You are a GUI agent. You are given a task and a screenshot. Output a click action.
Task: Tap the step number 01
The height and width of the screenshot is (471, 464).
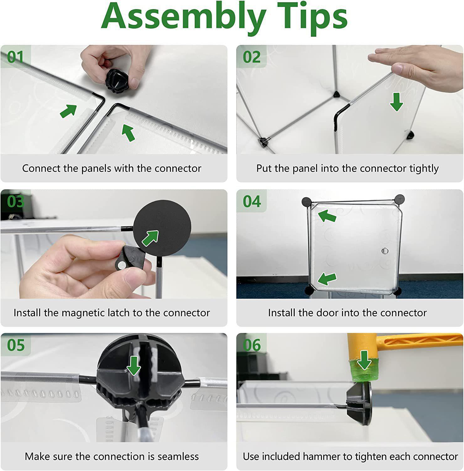tap(15, 57)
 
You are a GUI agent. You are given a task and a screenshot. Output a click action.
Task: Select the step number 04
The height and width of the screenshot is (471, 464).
tap(252, 201)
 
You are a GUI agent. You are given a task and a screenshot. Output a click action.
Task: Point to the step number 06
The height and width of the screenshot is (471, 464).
tap(252, 345)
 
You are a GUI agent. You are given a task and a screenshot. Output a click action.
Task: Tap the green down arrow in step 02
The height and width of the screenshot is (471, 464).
tap(397, 102)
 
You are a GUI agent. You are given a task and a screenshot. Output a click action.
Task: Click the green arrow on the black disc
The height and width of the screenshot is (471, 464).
tap(150, 238)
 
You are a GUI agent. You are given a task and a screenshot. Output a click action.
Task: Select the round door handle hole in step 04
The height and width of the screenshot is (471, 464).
tap(385, 251)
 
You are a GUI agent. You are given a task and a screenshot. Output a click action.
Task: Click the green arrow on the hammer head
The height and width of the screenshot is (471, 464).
tap(364, 360)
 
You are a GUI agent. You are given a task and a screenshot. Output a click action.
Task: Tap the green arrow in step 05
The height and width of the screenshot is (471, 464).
tap(134, 365)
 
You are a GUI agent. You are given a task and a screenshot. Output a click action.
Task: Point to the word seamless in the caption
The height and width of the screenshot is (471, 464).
tap(178, 457)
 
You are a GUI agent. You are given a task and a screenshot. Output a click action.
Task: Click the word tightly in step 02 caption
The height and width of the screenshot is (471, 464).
tap(424, 169)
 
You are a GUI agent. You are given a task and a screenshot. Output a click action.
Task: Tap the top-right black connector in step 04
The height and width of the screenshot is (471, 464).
tap(399, 199)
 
